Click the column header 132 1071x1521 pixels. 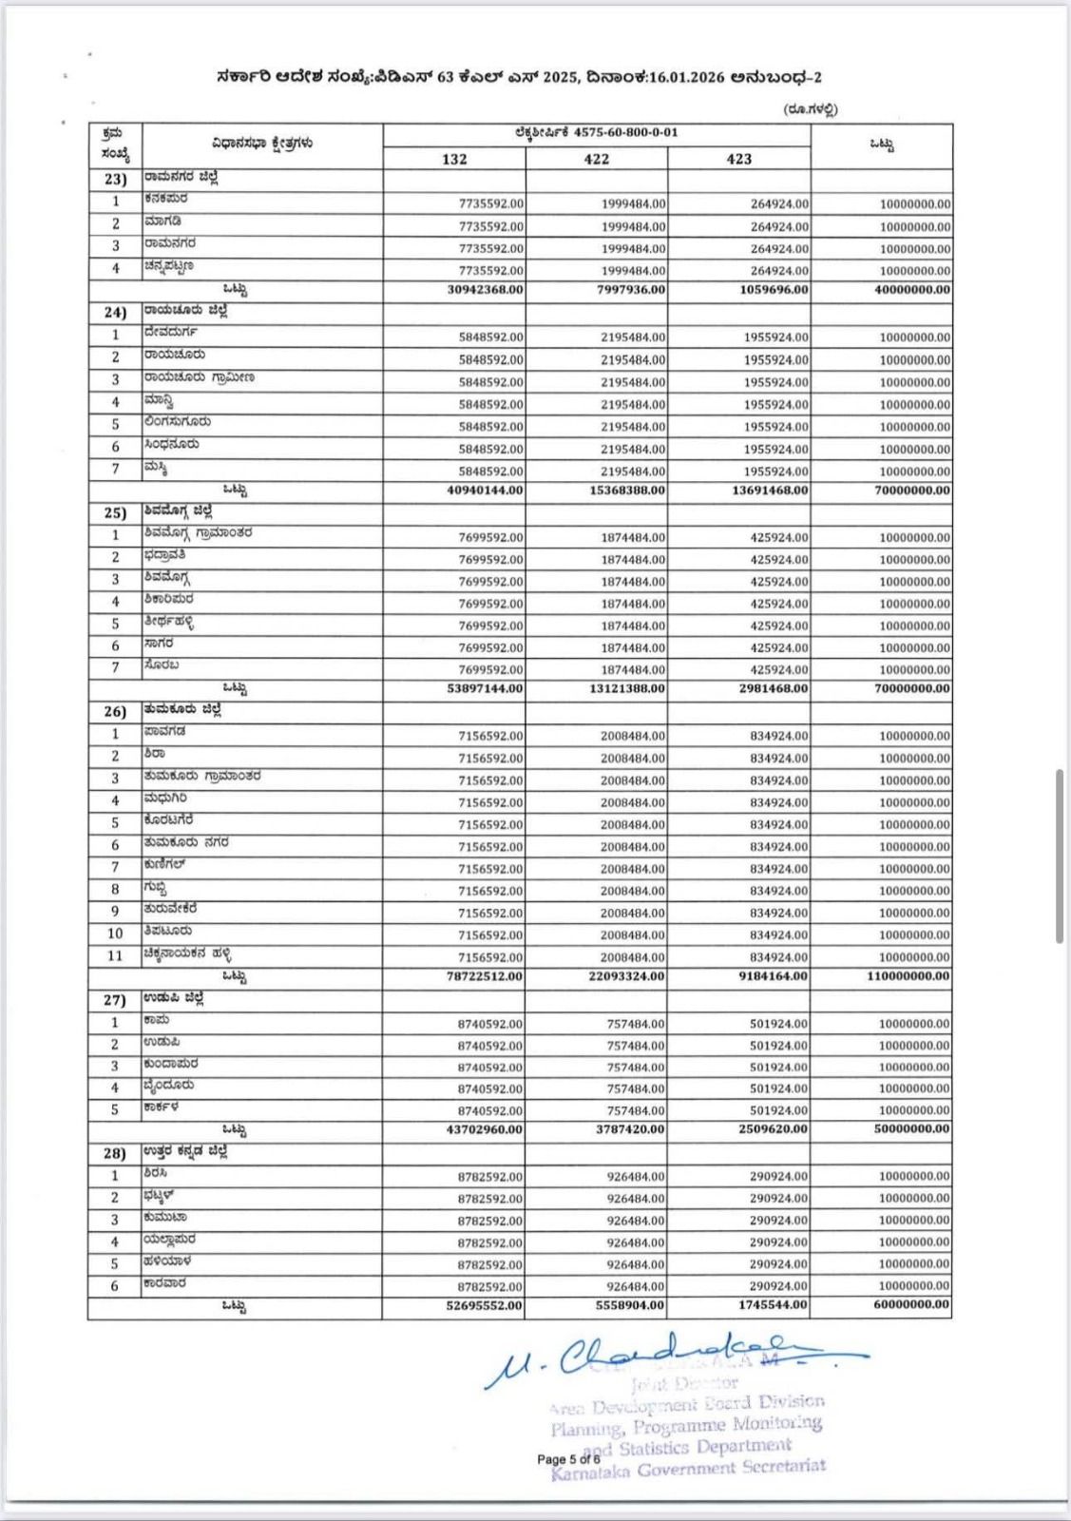[454, 159]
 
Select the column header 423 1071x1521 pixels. [738, 159]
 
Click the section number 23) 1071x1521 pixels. [115, 179]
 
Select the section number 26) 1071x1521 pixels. [115, 711]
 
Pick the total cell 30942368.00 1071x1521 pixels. [485, 290]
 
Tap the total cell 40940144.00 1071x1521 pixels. [485, 491]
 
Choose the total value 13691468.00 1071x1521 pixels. [770, 491]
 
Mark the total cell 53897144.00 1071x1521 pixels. [485, 688]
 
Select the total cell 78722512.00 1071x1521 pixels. [485, 976]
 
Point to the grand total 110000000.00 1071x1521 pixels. [908, 976]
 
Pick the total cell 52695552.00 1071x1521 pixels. [485, 1306]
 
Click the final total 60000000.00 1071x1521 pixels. [911, 1305]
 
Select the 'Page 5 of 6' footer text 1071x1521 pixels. [568, 1459]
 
